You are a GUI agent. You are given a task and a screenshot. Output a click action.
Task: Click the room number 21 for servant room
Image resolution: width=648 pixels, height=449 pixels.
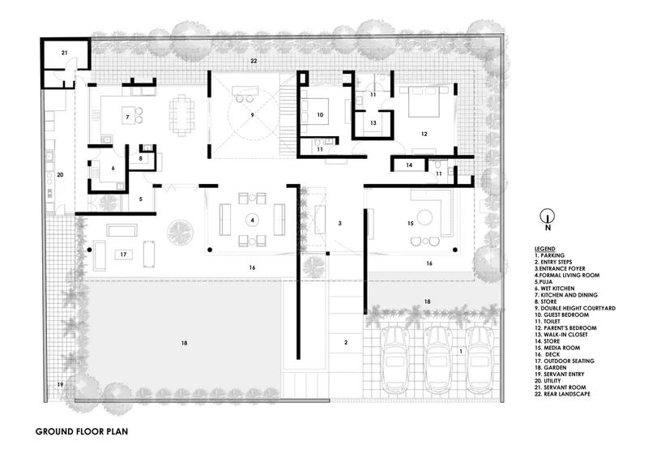coord(64,53)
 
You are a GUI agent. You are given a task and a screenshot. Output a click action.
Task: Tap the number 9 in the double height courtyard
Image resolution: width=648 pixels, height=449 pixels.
coord(252,115)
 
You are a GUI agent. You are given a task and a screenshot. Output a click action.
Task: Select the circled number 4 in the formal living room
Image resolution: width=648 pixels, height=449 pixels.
coord(252,220)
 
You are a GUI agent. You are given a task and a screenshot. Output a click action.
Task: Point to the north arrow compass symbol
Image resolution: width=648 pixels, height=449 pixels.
coord(548,218)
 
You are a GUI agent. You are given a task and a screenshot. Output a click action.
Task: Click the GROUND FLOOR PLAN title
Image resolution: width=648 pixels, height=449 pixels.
coord(82,432)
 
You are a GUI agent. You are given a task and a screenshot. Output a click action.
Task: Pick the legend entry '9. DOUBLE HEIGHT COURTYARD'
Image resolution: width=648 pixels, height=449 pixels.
coord(575,308)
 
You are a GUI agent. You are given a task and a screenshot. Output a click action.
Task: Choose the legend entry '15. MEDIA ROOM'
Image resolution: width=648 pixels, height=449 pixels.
coord(557,348)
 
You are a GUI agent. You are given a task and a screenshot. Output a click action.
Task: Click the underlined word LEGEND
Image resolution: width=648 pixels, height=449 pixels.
coord(544,249)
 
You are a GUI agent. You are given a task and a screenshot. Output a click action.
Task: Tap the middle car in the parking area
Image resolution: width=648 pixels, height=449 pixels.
coord(438,360)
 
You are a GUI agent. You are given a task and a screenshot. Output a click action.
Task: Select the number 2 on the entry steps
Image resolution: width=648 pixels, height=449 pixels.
coord(346,342)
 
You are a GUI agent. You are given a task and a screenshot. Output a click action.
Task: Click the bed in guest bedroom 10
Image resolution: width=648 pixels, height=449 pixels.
coord(314,111)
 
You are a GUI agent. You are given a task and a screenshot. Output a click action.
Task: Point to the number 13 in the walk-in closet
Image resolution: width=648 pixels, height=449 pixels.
coord(373,123)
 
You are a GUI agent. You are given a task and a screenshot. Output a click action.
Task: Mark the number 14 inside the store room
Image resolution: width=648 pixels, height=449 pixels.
coord(409,165)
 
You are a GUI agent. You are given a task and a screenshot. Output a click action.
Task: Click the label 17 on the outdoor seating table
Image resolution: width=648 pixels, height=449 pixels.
coord(123,254)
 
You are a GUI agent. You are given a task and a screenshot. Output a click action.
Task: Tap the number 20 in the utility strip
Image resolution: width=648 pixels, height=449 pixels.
coord(60,175)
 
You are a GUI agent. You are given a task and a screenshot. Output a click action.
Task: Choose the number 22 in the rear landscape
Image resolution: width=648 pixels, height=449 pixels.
coord(254,61)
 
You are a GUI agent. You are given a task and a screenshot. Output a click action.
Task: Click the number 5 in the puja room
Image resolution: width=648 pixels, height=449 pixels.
coord(140,199)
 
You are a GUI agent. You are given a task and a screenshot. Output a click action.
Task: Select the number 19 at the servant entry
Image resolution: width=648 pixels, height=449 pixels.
coord(60,384)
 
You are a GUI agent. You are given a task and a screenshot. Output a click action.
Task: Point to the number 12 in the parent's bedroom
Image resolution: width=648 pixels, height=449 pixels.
coord(424,134)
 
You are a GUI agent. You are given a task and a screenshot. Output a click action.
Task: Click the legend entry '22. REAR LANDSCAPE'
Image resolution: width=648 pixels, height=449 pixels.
coord(562,394)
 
